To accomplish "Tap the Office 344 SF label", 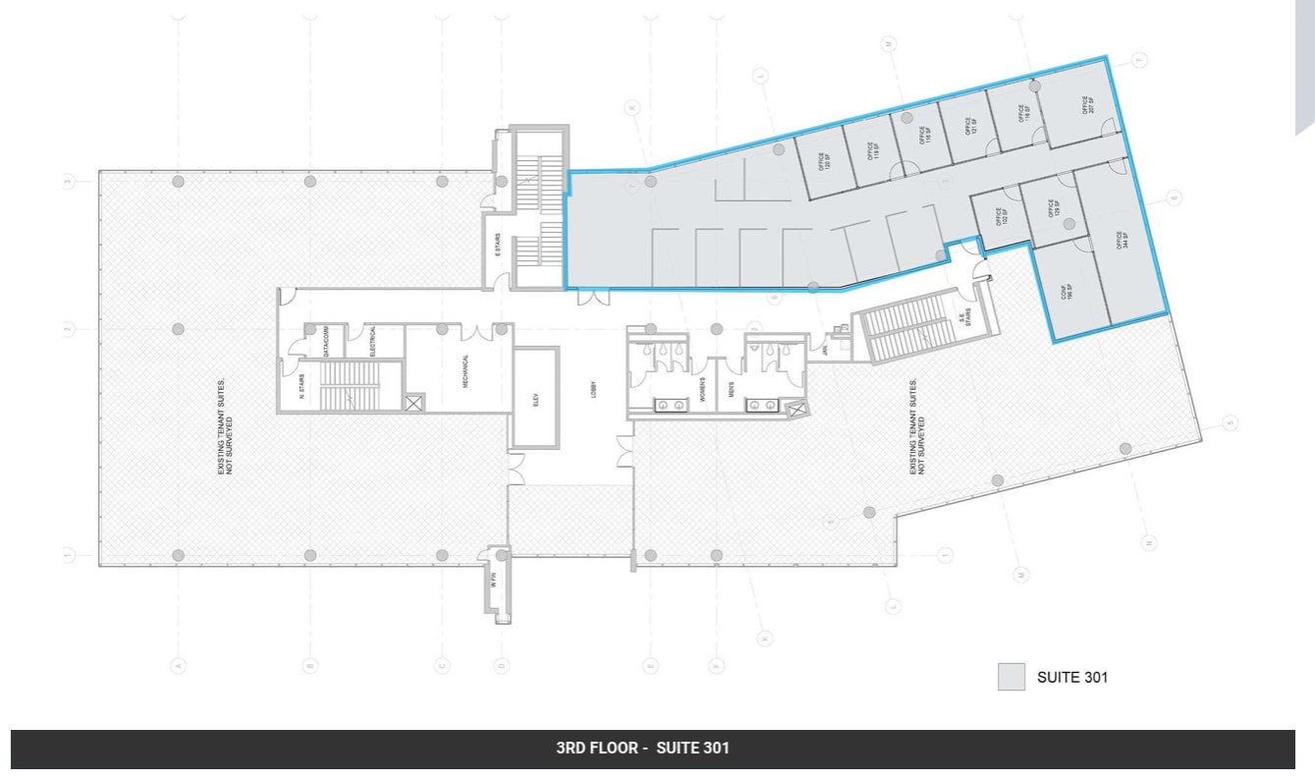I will pyautogui.click(x=1120, y=241).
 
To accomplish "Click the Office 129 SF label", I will pyautogui.click(x=1053, y=208).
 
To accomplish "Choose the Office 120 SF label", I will pyautogui.click(x=823, y=159).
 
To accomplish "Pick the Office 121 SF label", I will pyautogui.click(x=971, y=126).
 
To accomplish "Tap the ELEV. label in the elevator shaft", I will pyautogui.click(x=536, y=398).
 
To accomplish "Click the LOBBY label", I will pyautogui.click(x=594, y=390).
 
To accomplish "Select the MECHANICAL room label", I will pyautogui.click(x=466, y=371).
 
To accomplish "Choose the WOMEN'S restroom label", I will pyautogui.click(x=703, y=391).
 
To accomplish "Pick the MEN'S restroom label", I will pyautogui.click(x=731, y=391).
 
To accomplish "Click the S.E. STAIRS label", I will pyautogui.click(x=960, y=319).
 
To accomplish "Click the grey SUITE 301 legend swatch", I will pyautogui.click(x=1012, y=677).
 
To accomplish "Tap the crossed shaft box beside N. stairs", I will pyautogui.click(x=414, y=401).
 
